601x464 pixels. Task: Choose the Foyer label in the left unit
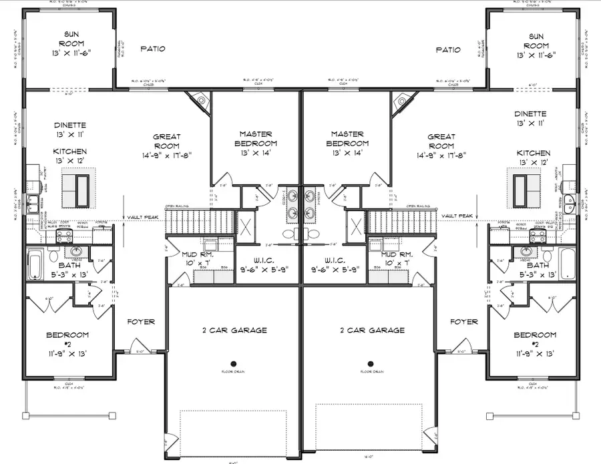[x=141, y=322]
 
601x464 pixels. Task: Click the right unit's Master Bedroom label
[x=348, y=139]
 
